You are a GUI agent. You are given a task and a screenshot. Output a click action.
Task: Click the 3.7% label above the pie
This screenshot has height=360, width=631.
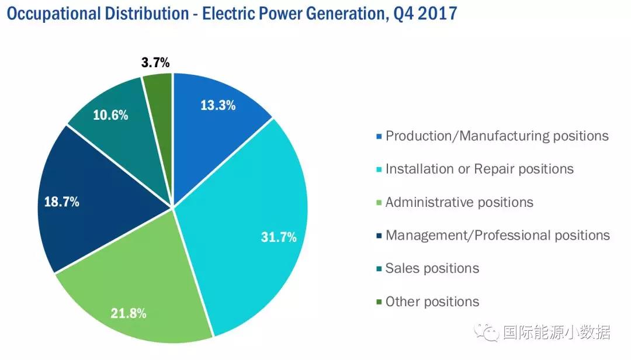pos(155,63)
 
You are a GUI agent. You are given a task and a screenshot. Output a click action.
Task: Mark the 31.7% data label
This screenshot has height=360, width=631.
pos(278,237)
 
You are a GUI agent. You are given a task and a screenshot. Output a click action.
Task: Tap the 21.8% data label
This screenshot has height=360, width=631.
pos(128,313)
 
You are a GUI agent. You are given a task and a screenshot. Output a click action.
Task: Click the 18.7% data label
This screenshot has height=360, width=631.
pos(61,202)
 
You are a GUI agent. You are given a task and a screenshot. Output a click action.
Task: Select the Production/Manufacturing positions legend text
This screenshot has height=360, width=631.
pos(497,136)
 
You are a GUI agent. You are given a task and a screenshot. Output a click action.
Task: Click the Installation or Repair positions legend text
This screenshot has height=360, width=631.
pos(480,169)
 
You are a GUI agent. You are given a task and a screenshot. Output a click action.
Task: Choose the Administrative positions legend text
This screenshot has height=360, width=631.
pos(459,202)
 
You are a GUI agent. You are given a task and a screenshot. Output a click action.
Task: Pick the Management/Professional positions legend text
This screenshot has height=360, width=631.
pos(498,235)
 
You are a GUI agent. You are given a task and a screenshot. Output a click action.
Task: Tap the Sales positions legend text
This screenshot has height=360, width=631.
pos(432,268)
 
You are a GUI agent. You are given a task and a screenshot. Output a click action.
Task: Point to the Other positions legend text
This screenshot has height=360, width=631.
pos(432,302)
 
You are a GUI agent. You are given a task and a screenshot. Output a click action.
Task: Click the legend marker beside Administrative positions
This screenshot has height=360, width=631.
pos(380,203)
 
